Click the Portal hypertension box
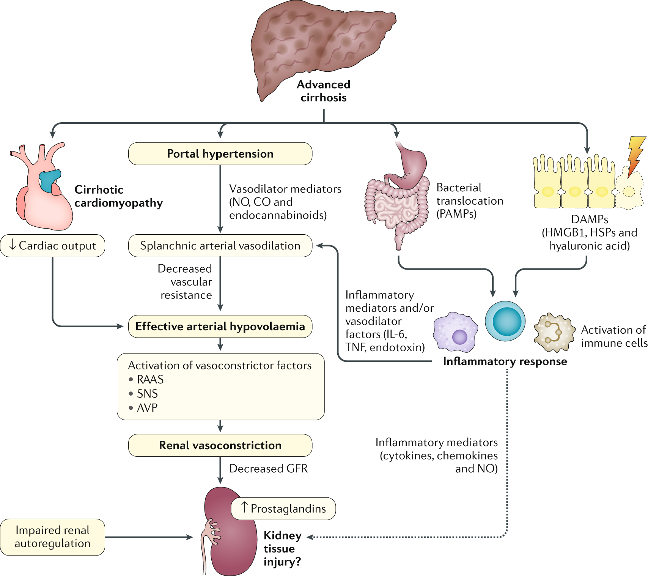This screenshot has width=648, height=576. pos(220,154)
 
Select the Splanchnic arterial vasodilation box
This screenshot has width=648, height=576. pos(220,246)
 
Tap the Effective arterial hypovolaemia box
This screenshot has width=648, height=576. pos(220,327)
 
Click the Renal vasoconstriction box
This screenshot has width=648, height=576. pos(220,445)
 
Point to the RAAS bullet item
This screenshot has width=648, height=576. pos(150,379)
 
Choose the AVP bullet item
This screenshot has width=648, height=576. pos(147,408)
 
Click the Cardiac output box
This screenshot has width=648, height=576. pos(52,246)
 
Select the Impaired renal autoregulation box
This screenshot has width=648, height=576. pos(52,537)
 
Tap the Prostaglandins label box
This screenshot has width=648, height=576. pos(283,508)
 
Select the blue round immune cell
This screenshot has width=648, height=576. pos(505,321)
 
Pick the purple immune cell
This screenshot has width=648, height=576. pos(455,332)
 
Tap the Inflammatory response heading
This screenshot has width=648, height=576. pos(505,361)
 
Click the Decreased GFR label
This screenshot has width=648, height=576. pos(268,469)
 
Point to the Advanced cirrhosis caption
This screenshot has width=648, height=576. pos(324,91)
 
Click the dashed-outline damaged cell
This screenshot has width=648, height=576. pos(629,190)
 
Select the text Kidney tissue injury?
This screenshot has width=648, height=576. pos(283,548)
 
